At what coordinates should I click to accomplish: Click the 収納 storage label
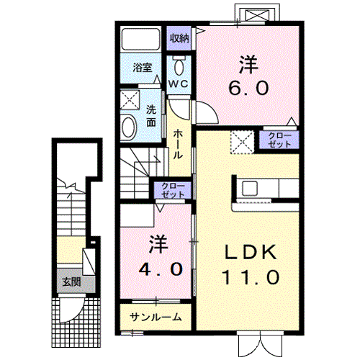tap(179, 38)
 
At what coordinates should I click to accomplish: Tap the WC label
tap(178, 84)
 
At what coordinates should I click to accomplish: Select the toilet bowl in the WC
tap(179, 67)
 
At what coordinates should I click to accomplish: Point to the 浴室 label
tap(143, 68)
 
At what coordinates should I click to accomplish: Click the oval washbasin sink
tap(129, 127)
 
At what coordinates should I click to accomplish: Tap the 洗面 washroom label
tap(151, 116)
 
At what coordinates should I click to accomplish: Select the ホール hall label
tap(178, 144)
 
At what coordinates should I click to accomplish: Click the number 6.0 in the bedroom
tap(248, 88)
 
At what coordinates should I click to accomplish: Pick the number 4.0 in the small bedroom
tap(161, 269)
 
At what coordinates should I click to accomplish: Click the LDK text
tap(251, 252)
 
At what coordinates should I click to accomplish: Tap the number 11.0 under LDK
tap(251, 277)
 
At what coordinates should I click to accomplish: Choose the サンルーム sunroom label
tap(156, 318)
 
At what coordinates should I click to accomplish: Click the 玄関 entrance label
tap(71, 282)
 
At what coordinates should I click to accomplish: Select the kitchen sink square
tap(250, 188)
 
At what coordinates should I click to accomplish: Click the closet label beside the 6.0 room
tap(279, 140)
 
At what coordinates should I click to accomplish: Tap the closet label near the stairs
tap(173, 190)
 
